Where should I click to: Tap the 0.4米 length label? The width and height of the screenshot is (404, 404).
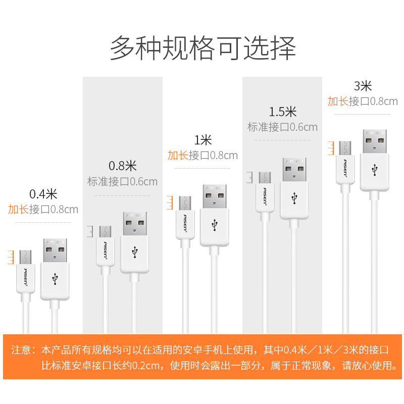tap(43, 193)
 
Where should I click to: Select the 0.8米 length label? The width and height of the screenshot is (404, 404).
tap(123, 165)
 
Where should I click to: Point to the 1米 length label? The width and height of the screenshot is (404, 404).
tap(203, 140)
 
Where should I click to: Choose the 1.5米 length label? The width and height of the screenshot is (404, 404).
tap(283, 111)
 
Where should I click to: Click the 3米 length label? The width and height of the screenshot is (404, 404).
tap(363, 85)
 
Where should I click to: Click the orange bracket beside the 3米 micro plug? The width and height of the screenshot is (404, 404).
tap(331, 147)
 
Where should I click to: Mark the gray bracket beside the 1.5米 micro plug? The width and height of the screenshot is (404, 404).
tap(250, 178)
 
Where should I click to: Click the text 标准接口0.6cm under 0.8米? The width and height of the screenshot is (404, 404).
tap(123, 181)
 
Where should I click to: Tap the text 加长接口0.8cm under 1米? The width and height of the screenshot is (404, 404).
tap(203, 156)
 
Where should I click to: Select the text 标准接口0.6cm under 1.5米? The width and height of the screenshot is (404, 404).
tap(283, 127)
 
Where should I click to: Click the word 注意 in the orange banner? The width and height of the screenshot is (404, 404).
tap(21, 350)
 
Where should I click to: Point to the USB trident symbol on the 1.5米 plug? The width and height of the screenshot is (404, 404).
tap(294, 198)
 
